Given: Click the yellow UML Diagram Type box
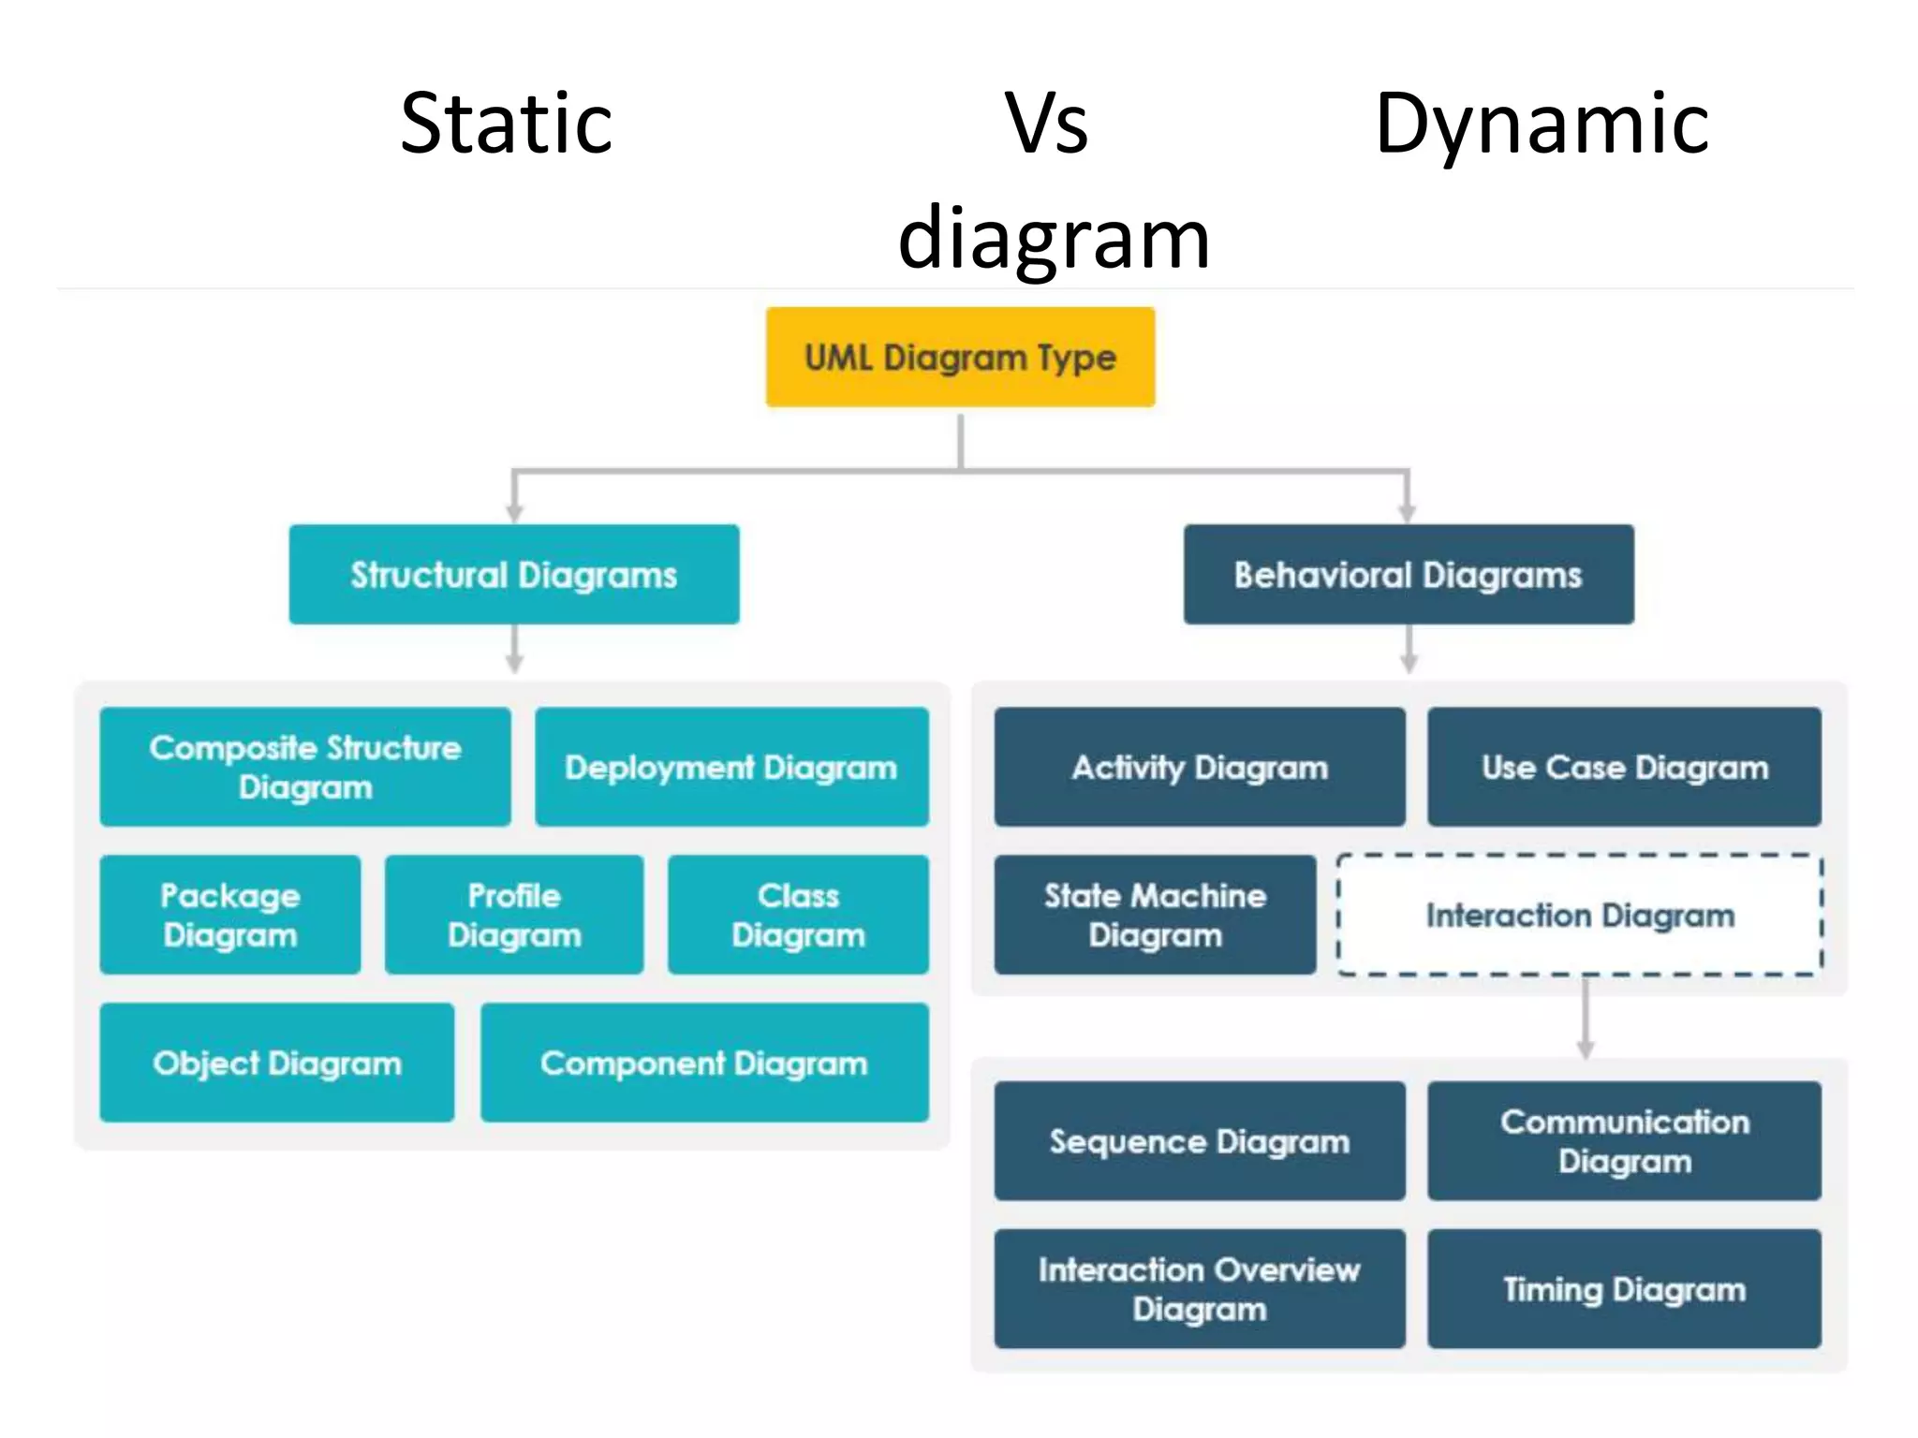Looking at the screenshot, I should (x=960, y=357).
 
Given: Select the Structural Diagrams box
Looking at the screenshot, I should (x=514, y=574).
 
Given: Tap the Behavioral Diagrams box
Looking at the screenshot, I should (x=1409, y=574).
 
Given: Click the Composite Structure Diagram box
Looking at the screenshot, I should (x=305, y=767).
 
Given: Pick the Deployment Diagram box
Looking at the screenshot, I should (x=731, y=767).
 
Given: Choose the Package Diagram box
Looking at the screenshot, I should (x=230, y=915).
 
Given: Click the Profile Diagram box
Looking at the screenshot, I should (x=514, y=915).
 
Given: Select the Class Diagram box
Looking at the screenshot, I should (x=798, y=915).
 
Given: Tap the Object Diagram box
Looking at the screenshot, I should (x=277, y=1063).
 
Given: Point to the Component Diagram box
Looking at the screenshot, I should (x=704, y=1063).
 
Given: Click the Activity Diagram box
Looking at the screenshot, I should (x=1200, y=767).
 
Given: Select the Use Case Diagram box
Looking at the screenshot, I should (x=1624, y=767).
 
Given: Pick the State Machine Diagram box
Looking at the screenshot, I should (x=1155, y=915).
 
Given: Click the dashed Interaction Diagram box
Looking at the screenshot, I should (x=1580, y=915).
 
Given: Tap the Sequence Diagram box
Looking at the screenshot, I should (x=1200, y=1141).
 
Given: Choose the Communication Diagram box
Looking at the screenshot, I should (x=1624, y=1141).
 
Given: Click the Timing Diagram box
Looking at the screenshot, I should (x=1624, y=1289).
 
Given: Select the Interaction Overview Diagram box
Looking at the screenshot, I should (x=1200, y=1289).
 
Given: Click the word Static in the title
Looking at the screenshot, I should (x=506, y=124).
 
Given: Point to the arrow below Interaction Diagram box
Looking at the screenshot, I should (x=1586, y=1020).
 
